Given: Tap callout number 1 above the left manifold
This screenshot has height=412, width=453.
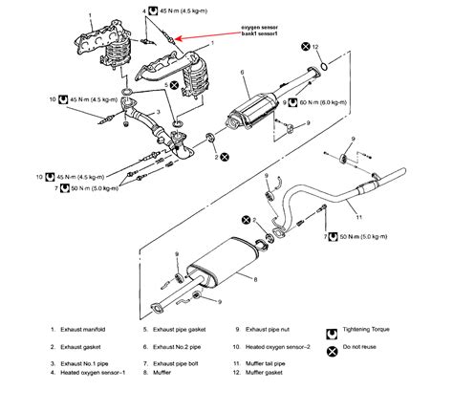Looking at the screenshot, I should click(91, 13).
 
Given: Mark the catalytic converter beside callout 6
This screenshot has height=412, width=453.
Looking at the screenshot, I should click(253, 109).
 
